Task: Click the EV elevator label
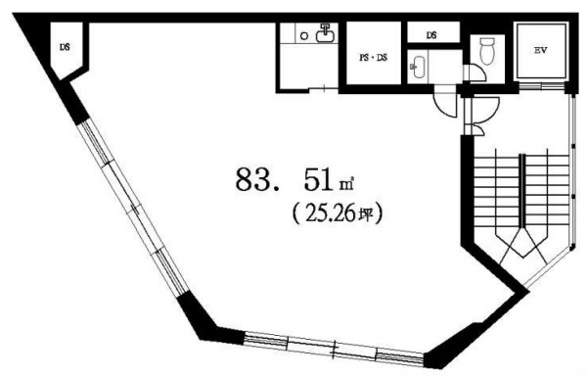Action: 541,50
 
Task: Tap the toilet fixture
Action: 487,51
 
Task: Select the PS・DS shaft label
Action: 374,58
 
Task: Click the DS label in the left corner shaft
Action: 65,48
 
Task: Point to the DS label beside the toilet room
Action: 431,35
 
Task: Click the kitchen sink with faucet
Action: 325,33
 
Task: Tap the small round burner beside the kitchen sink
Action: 304,36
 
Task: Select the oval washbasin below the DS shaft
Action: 417,68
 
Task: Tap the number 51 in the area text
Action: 318,179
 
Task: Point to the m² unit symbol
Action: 346,184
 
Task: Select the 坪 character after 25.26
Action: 366,214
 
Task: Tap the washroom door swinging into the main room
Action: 443,106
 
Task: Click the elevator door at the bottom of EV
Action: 541,86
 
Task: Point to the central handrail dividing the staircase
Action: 521,190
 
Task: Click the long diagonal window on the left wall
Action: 134,208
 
